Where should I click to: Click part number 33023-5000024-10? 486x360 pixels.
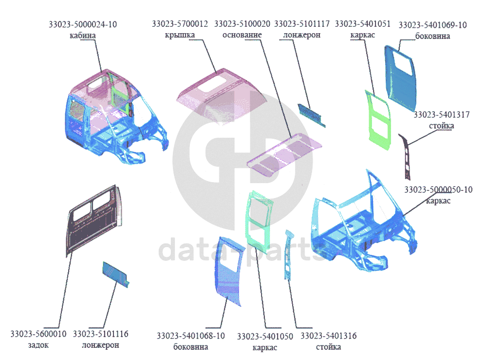(83, 24)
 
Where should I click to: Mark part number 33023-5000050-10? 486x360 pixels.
(438, 189)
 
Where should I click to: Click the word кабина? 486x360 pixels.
(83, 36)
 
